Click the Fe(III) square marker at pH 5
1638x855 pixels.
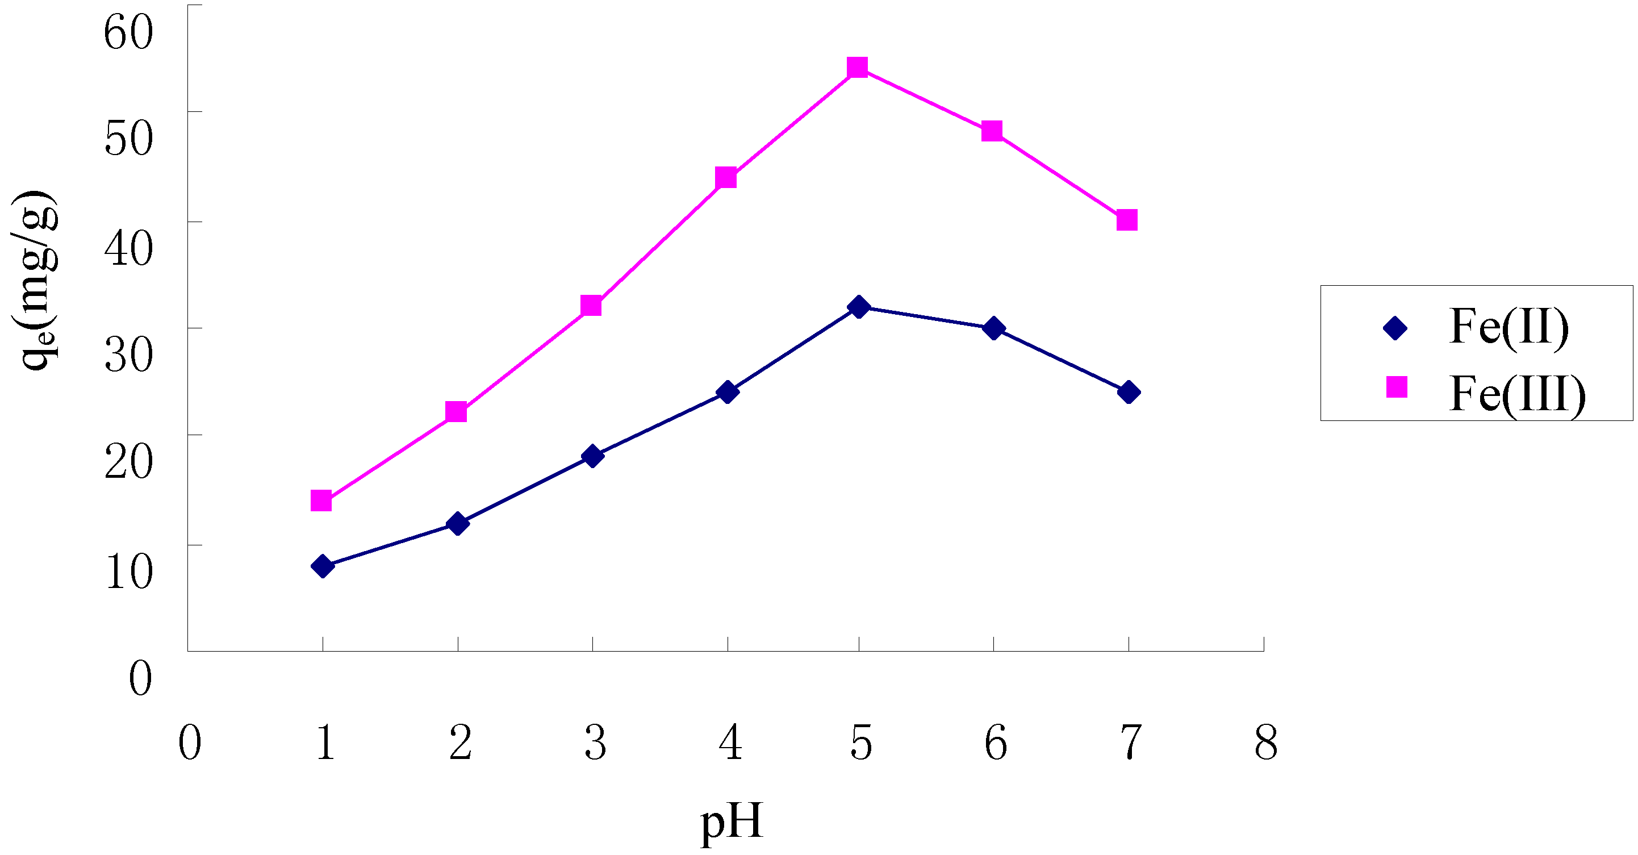pos(858,68)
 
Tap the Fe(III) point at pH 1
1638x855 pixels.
pos(321,501)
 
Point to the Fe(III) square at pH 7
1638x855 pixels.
pos(1127,220)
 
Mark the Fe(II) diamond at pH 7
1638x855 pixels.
pos(1129,393)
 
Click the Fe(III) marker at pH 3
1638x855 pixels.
pos(591,306)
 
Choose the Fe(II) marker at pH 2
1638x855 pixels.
pos(457,524)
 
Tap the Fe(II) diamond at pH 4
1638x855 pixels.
pos(728,392)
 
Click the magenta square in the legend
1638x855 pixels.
pos(1397,387)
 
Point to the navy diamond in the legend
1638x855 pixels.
pos(1395,328)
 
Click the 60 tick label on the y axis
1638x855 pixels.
pos(128,32)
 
